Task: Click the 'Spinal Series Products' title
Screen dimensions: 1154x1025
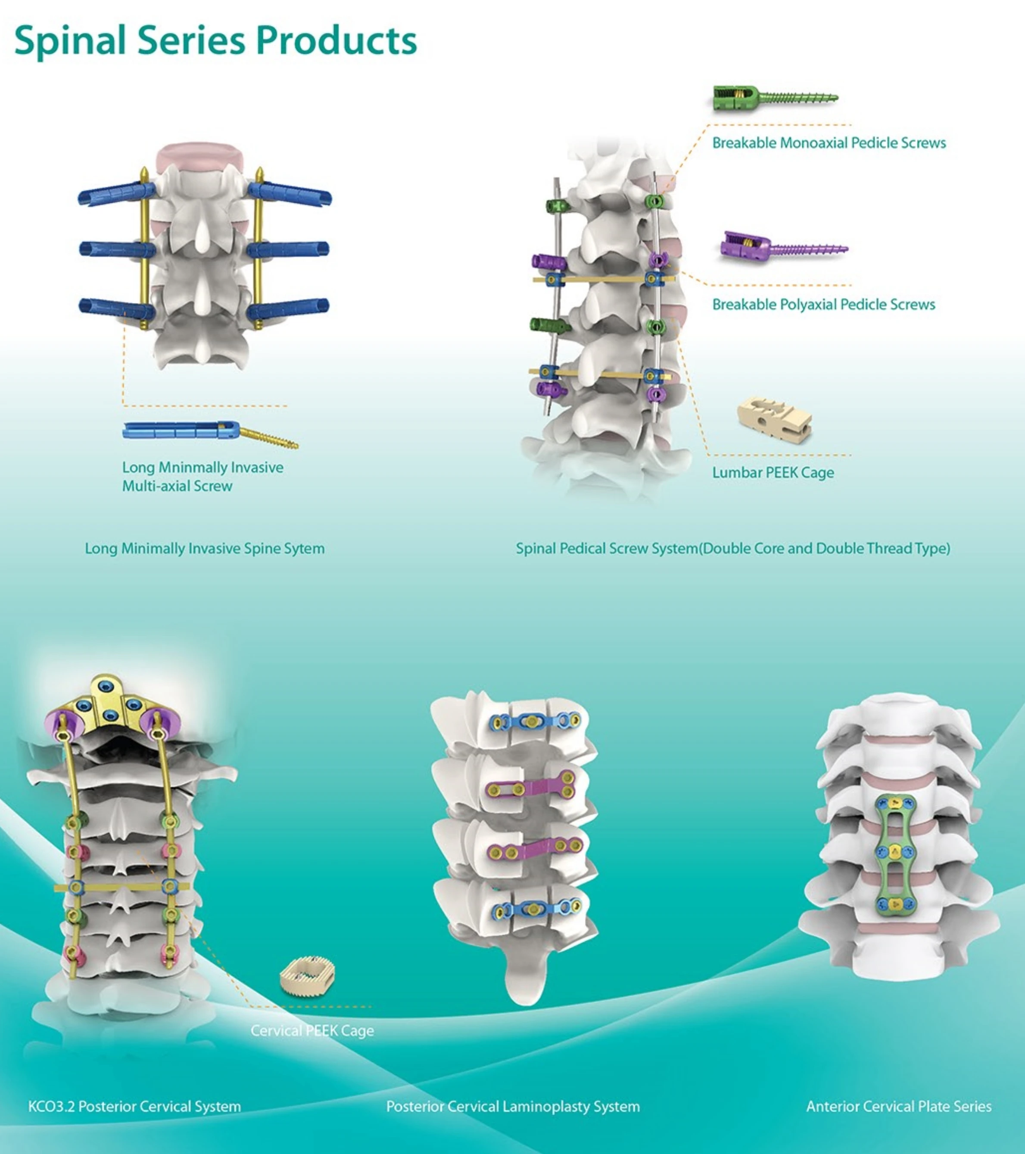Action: [215, 40]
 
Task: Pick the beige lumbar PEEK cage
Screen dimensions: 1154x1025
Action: [775, 418]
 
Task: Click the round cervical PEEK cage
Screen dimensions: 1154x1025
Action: [307, 976]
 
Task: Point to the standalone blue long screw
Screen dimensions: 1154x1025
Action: [209, 432]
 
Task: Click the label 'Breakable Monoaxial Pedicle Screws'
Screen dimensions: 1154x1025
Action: [829, 143]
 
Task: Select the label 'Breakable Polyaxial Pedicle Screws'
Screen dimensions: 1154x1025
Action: [823, 305]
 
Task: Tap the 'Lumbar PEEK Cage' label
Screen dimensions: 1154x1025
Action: [773, 473]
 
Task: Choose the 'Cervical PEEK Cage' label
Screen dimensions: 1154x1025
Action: [312, 1031]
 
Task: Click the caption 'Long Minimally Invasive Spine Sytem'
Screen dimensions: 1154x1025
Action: [205, 549]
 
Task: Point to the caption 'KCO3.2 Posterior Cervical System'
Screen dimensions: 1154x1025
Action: [134, 1107]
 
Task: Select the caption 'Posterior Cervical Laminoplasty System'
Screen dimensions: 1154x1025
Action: [513, 1107]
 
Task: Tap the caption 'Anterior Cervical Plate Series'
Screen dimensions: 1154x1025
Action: [898, 1107]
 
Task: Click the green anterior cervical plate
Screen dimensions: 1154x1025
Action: [894, 853]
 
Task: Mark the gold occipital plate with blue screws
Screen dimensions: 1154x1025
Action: [107, 702]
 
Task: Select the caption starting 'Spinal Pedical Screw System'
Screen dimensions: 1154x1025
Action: [732, 549]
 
